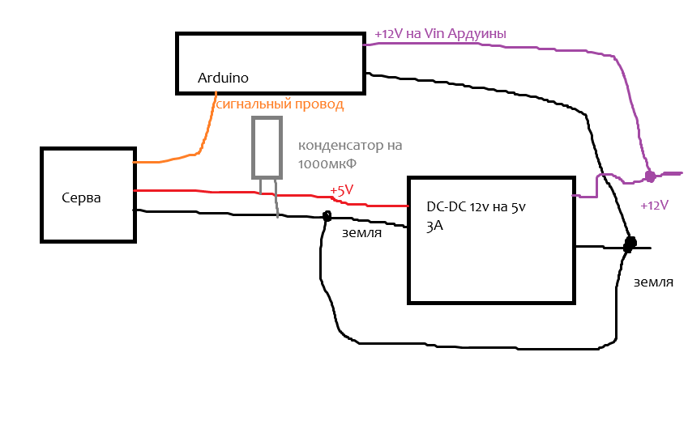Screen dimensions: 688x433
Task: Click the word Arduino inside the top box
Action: coord(223,78)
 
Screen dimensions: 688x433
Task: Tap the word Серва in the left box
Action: coord(81,197)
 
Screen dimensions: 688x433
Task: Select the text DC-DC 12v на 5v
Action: coord(476,206)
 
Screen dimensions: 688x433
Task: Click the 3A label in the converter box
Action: coord(434,226)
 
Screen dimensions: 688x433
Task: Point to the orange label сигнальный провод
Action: coord(280,104)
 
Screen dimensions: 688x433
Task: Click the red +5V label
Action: coord(341,190)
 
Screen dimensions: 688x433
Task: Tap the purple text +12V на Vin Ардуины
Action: coord(441,34)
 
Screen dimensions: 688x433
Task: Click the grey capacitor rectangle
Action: coord(267,147)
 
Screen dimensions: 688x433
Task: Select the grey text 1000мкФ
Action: coord(327,164)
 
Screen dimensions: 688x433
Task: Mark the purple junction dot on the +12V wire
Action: coord(650,176)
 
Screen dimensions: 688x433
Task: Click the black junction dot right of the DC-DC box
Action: coord(630,244)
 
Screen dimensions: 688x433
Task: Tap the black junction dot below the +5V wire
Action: coord(327,215)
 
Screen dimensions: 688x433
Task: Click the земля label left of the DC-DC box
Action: coord(361,233)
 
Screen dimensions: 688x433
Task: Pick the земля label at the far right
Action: coord(653,282)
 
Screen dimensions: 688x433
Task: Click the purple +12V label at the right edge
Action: coord(654,205)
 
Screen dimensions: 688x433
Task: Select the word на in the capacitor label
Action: coord(395,145)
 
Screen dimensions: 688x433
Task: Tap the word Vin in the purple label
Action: coord(434,34)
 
